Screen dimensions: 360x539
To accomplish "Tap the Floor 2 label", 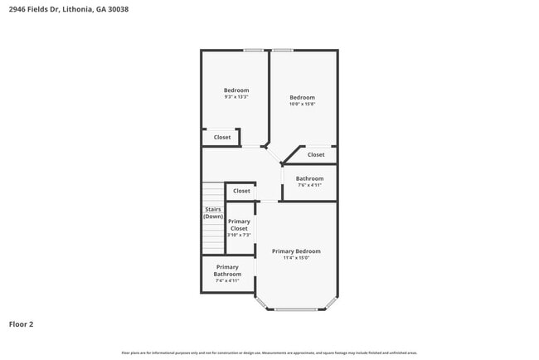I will pyautogui.click(x=22, y=324).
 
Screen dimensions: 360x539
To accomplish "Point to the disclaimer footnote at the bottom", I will pyautogui.click(x=269, y=353).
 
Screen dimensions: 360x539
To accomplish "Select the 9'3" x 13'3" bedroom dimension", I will pyautogui.click(x=236, y=97).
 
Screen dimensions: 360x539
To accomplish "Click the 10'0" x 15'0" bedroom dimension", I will pyautogui.click(x=302, y=105).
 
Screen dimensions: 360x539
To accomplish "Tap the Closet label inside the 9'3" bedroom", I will pyautogui.click(x=222, y=138).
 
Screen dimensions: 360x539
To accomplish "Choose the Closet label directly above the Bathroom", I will pyautogui.click(x=316, y=154).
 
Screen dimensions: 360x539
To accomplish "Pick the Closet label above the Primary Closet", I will pyautogui.click(x=241, y=191).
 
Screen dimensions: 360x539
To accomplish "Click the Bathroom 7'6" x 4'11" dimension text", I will pyautogui.click(x=309, y=185).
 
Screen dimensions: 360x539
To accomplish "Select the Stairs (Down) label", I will pyautogui.click(x=213, y=213).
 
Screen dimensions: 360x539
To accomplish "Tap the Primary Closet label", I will pyautogui.click(x=239, y=225).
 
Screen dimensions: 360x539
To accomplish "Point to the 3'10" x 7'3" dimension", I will pyautogui.click(x=239, y=235).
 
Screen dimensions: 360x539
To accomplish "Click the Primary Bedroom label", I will pyautogui.click(x=296, y=251).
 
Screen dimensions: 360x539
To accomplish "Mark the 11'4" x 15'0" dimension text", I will pyautogui.click(x=296, y=258).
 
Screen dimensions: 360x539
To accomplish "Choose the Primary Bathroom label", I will pyautogui.click(x=227, y=270).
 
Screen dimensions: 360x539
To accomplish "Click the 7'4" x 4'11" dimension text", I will pyautogui.click(x=227, y=280).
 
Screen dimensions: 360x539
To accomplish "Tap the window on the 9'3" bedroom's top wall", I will pyautogui.click(x=254, y=51).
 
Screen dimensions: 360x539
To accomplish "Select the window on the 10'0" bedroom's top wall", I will pyautogui.click(x=283, y=51).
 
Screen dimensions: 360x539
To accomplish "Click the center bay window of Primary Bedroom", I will pyautogui.click(x=296, y=309).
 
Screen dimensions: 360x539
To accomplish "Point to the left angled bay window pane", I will pyautogui.click(x=262, y=302).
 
